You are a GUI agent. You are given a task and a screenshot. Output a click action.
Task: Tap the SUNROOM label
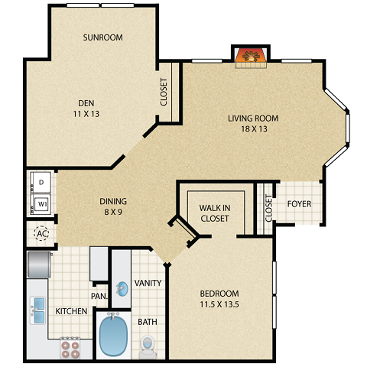click(x=103, y=37)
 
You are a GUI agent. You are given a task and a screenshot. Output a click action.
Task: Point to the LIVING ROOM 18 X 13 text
click(x=252, y=124)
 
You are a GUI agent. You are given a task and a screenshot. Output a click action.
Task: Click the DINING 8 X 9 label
click(x=112, y=206)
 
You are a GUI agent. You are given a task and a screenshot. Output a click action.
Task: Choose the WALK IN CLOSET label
click(x=215, y=213)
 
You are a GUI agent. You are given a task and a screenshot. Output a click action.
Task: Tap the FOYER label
click(x=299, y=204)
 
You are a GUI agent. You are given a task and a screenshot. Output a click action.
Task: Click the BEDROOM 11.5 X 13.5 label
click(x=219, y=299)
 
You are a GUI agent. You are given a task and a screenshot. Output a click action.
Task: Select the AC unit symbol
click(x=41, y=232)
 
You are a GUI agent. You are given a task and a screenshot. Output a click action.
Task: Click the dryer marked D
click(x=40, y=183)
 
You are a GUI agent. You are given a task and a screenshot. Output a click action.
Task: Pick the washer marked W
click(x=40, y=205)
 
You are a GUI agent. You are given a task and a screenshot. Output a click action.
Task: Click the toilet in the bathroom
click(x=148, y=346)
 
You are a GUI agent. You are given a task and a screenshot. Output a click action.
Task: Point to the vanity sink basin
click(x=122, y=289)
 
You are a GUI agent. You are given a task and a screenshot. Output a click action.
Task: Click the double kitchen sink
click(x=39, y=310)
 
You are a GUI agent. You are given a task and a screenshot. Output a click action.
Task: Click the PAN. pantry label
click(x=99, y=295)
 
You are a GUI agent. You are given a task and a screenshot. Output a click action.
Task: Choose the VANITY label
click(x=148, y=283)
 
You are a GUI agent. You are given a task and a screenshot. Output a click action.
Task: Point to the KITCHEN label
click(x=70, y=312)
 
